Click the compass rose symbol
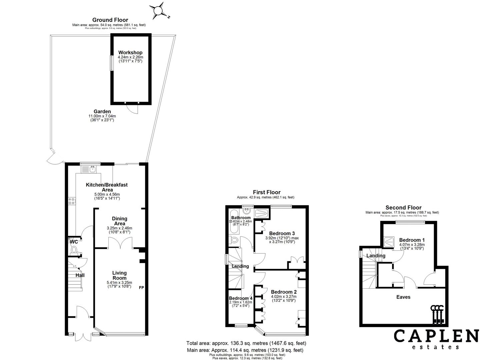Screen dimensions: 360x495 (158, 11)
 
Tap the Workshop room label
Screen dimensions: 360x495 (130, 53)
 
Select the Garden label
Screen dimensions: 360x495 (102, 112)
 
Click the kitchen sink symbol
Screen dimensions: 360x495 (92, 169)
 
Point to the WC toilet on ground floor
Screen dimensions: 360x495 (74, 249)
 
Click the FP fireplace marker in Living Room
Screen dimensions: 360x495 (141, 288)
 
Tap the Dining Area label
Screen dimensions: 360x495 (119, 221)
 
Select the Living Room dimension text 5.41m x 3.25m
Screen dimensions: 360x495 (119, 282)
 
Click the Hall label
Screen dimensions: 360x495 (80, 275)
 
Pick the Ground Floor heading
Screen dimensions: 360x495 (110, 20)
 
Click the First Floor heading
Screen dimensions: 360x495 (267, 192)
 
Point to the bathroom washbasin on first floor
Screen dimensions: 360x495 (247, 211)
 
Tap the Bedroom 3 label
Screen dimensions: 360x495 (282, 233)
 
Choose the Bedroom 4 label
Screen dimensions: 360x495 (241, 298)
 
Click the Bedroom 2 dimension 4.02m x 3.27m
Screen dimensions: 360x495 (283, 296)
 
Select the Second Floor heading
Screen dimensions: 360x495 (403, 208)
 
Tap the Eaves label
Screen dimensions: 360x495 (403, 297)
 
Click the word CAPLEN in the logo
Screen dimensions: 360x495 (436, 336)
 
